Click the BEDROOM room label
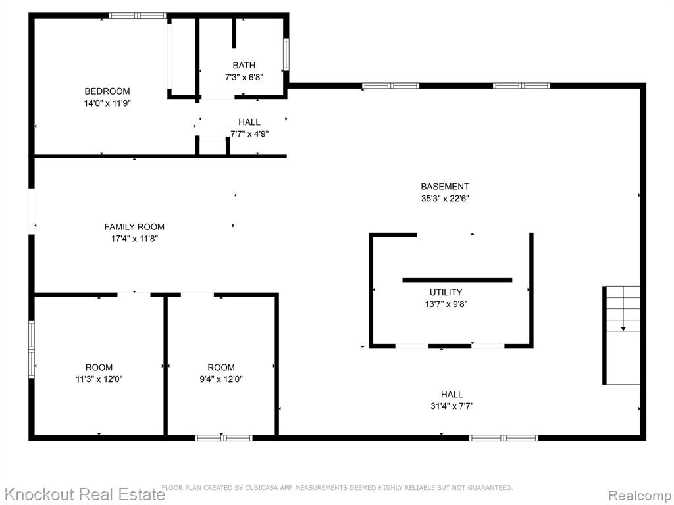[x=107, y=91]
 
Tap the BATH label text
[x=244, y=65]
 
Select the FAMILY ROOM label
[x=134, y=227]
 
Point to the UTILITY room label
[x=446, y=293]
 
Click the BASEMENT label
[x=445, y=187]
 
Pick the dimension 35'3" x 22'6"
[x=445, y=199]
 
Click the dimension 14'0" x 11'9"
[x=107, y=103]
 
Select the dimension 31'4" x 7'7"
[x=452, y=406]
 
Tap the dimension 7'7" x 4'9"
[x=249, y=134]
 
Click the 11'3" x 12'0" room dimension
[x=99, y=379]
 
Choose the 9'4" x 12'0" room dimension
[x=221, y=379]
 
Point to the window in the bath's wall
[x=286, y=55]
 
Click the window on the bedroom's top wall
[x=137, y=16]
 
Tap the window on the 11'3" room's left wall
[x=32, y=349]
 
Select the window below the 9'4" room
[x=224, y=438]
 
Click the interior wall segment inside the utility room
[x=457, y=280]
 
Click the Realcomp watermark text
[x=640, y=496]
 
